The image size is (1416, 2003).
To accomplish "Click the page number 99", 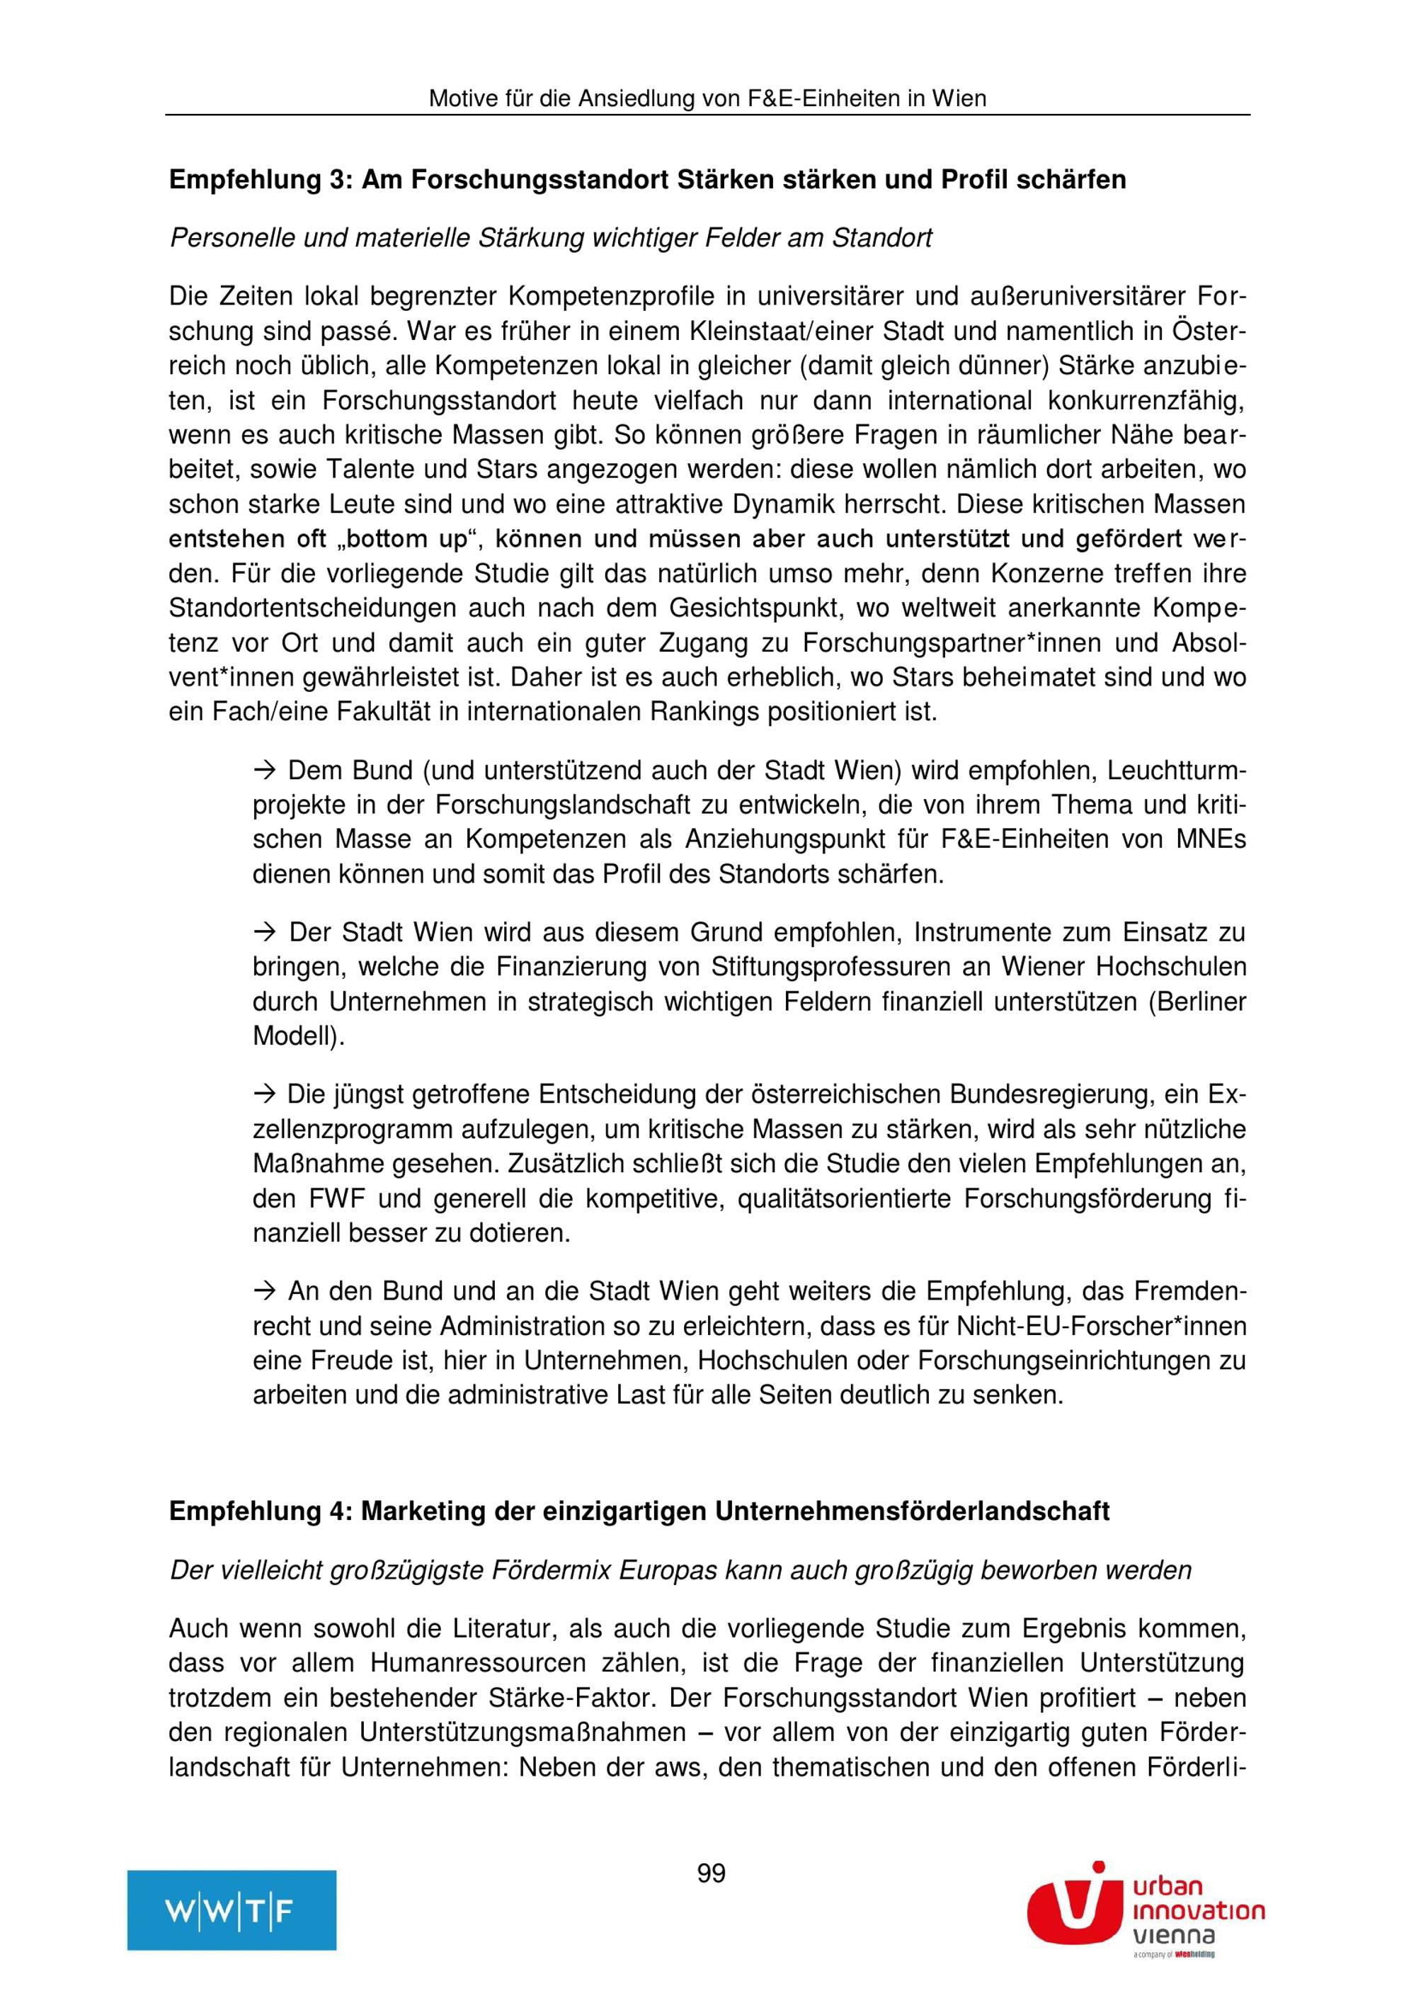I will click(x=711, y=1873).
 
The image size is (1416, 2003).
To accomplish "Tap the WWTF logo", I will click(x=231, y=1910).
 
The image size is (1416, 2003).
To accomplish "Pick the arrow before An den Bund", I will click(x=264, y=1291).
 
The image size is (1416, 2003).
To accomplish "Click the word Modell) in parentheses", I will click(x=298, y=1036).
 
